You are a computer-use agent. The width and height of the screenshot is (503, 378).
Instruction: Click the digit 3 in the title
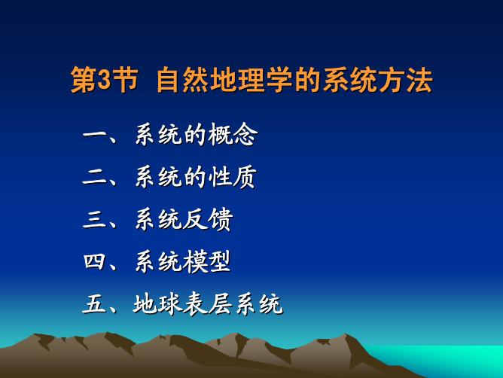coord(103,80)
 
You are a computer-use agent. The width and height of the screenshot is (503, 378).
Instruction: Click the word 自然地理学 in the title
coord(224,80)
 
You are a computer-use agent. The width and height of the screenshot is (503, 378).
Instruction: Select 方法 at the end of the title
coord(405,80)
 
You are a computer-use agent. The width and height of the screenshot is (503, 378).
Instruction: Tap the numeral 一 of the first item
coord(94,135)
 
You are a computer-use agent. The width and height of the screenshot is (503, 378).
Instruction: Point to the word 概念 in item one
coord(233,135)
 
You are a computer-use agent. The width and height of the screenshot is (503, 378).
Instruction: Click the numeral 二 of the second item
coord(94,177)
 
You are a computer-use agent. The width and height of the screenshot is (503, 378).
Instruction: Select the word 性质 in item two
coord(232,177)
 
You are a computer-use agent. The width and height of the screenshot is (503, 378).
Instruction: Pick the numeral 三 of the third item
coord(94,219)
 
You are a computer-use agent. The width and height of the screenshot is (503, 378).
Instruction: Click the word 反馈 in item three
coord(208,219)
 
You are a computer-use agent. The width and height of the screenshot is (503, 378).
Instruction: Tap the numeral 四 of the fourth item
coord(94,262)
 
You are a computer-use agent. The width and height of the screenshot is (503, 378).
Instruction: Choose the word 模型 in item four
coord(207,262)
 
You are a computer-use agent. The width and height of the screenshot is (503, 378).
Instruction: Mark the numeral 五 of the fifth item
coord(94,304)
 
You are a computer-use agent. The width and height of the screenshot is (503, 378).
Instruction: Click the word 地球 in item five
coord(157,304)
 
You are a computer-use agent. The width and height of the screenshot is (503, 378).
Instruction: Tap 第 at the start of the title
coord(83,80)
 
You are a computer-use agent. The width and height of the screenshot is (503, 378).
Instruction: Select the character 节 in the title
coord(124,80)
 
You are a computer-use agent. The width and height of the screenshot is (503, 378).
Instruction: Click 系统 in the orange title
coord(349,80)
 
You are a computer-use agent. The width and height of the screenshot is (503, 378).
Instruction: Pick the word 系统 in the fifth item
coord(259,304)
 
